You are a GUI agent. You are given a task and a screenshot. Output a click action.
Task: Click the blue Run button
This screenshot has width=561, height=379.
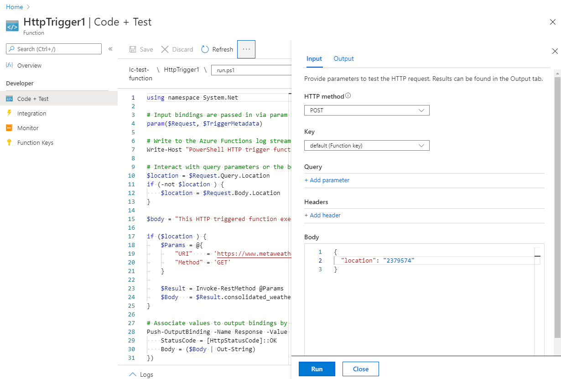pos(317,369)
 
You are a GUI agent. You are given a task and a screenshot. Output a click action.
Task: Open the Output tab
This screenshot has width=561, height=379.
pos(343,58)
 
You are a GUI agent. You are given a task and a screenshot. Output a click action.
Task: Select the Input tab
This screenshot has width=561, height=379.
pos(314,58)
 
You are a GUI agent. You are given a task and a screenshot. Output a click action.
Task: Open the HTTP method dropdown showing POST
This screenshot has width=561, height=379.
pos(367,110)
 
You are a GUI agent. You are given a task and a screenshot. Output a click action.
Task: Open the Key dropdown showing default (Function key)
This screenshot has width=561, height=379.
pos(367,146)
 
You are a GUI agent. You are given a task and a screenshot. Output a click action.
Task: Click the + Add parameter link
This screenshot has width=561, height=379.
pos(327,180)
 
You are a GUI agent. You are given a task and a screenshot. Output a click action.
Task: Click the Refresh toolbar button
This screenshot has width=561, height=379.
pos(217,49)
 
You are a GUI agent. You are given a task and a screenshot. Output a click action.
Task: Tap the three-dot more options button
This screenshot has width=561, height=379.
pos(246,49)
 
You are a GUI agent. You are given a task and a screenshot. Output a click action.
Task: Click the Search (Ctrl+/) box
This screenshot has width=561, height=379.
pos(54,49)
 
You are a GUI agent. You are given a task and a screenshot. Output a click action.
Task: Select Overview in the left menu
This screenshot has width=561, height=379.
pos(29,66)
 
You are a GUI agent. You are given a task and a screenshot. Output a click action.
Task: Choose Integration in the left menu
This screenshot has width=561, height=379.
pos(31,113)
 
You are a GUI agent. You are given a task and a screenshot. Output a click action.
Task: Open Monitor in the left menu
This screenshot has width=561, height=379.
pos(28,128)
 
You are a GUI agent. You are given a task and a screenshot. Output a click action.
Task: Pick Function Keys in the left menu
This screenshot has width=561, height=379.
pos(35,142)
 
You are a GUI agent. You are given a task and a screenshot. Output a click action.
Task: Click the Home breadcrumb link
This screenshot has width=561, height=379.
pos(15,7)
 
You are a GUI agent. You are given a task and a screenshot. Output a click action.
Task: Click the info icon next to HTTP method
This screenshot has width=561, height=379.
pos(348,96)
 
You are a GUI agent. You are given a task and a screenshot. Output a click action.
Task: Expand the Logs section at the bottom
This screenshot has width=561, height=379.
pos(141,374)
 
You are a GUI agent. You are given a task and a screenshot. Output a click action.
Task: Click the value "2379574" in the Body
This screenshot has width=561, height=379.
pos(399,260)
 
